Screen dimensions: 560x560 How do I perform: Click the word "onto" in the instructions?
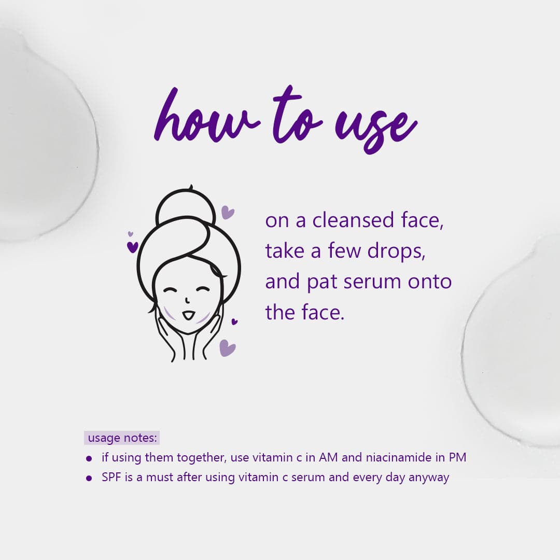(430, 282)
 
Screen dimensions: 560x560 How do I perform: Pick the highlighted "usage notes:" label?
(122, 438)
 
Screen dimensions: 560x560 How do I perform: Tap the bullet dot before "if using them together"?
(89, 458)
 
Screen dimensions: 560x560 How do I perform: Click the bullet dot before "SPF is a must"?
(89, 478)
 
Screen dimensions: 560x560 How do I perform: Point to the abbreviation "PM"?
(458, 458)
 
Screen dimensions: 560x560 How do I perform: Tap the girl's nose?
(187, 301)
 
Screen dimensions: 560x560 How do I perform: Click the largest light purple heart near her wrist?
(227, 347)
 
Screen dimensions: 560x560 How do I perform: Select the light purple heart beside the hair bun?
(228, 212)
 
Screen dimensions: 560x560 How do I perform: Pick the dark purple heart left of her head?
(133, 247)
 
